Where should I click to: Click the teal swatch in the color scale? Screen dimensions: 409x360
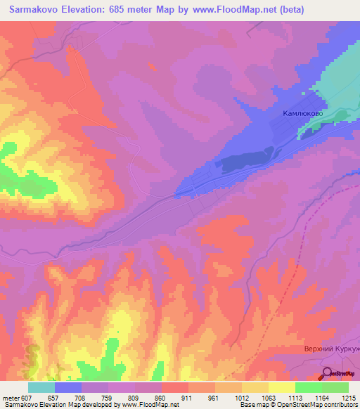(41, 387)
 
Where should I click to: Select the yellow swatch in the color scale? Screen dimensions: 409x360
(281, 387)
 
